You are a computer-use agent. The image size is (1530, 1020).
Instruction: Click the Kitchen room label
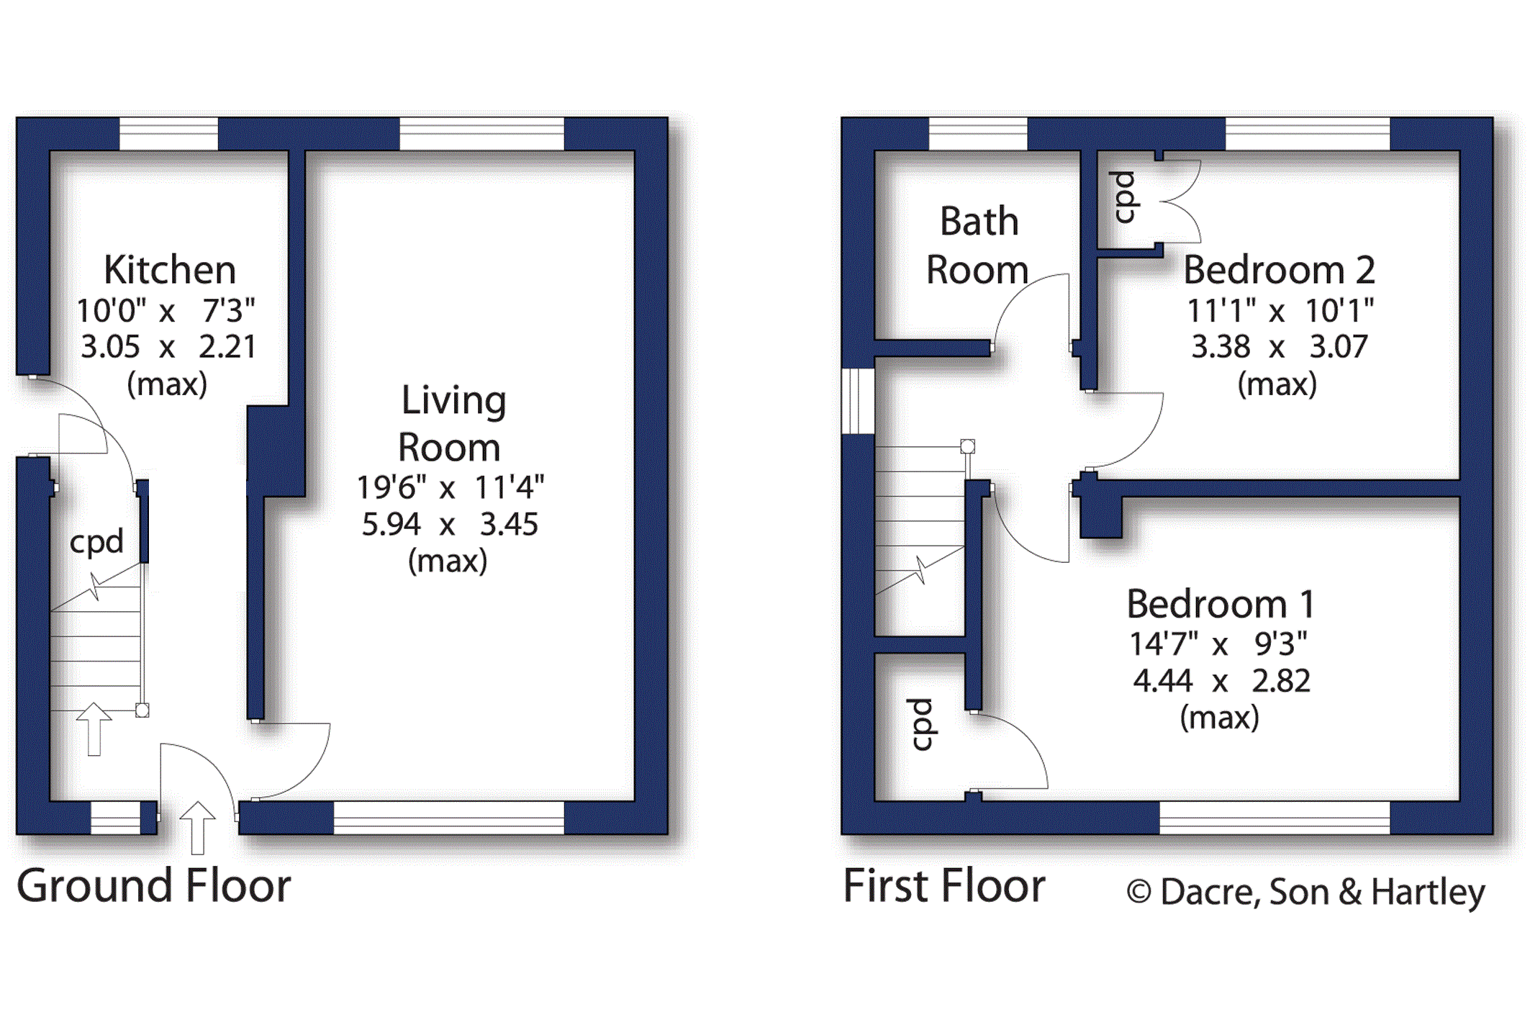click(x=170, y=271)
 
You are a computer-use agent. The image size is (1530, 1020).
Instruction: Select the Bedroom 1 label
click(x=1221, y=604)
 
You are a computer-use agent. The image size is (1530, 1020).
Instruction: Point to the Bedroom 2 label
click(x=1279, y=271)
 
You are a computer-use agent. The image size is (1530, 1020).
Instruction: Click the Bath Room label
click(x=977, y=245)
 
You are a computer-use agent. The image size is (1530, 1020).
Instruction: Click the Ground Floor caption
click(x=153, y=885)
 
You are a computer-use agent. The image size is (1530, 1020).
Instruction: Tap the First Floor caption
click(x=943, y=885)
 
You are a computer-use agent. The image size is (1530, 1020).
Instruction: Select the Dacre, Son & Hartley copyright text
click(x=1305, y=893)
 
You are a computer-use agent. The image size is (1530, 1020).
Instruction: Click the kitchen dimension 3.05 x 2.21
click(x=168, y=347)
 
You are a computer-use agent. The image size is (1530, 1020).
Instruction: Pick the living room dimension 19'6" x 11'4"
click(x=451, y=487)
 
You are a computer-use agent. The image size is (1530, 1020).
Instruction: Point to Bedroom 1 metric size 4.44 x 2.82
click(x=1221, y=681)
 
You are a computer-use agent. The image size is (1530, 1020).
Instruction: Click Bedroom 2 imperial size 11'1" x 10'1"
click(x=1280, y=311)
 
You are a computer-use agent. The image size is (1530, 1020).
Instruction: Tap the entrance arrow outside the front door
click(x=197, y=828)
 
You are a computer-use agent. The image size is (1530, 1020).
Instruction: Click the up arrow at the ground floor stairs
click(x=94, y=729)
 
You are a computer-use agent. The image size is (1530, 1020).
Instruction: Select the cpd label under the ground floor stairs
click(x=96, y=542)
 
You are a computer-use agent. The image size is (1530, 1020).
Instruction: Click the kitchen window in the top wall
click(x=168, y=134)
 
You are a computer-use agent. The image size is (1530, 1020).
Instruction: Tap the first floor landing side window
click(x=858, y=401)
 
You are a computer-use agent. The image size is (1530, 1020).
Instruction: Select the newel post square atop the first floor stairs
click(x=968, y=446)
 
